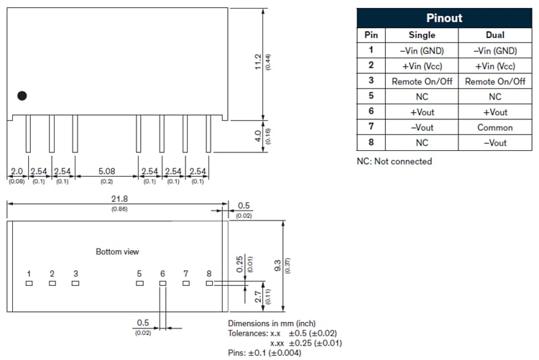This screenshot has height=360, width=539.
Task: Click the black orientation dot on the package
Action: [x=22, y=96]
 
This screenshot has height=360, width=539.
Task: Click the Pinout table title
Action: [x=444, y=18]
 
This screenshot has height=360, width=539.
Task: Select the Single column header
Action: [x=421, y=34]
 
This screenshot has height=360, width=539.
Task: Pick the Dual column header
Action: [x=495, y=34]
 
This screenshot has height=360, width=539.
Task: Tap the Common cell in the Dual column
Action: [x=495, y=127]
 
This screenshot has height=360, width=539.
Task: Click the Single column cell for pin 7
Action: [x=421, y=127]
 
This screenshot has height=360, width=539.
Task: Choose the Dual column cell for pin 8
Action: [x=495, y=143]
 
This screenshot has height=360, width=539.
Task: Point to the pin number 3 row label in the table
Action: [x=371, y=81]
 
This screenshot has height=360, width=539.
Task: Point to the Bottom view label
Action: [x=117, y=251]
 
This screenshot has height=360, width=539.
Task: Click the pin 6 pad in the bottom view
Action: [x=162, y=284]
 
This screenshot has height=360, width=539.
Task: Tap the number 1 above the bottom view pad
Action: [x=29, y=274]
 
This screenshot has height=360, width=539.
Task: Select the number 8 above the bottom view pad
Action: [x=208, y=274]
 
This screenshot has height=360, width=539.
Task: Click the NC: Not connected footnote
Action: [x=395, y=161]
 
